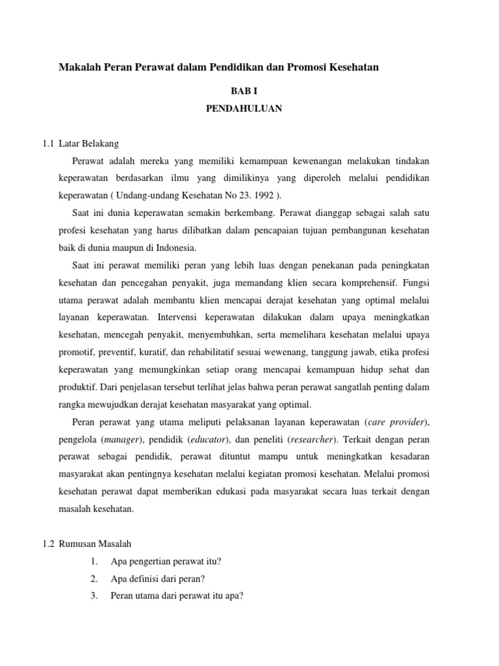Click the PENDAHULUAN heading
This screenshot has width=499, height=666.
(244, 109)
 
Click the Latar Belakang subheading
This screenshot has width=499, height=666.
(88, 143)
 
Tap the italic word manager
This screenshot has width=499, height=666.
(123, 440)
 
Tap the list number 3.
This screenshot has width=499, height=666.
(94, 595)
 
